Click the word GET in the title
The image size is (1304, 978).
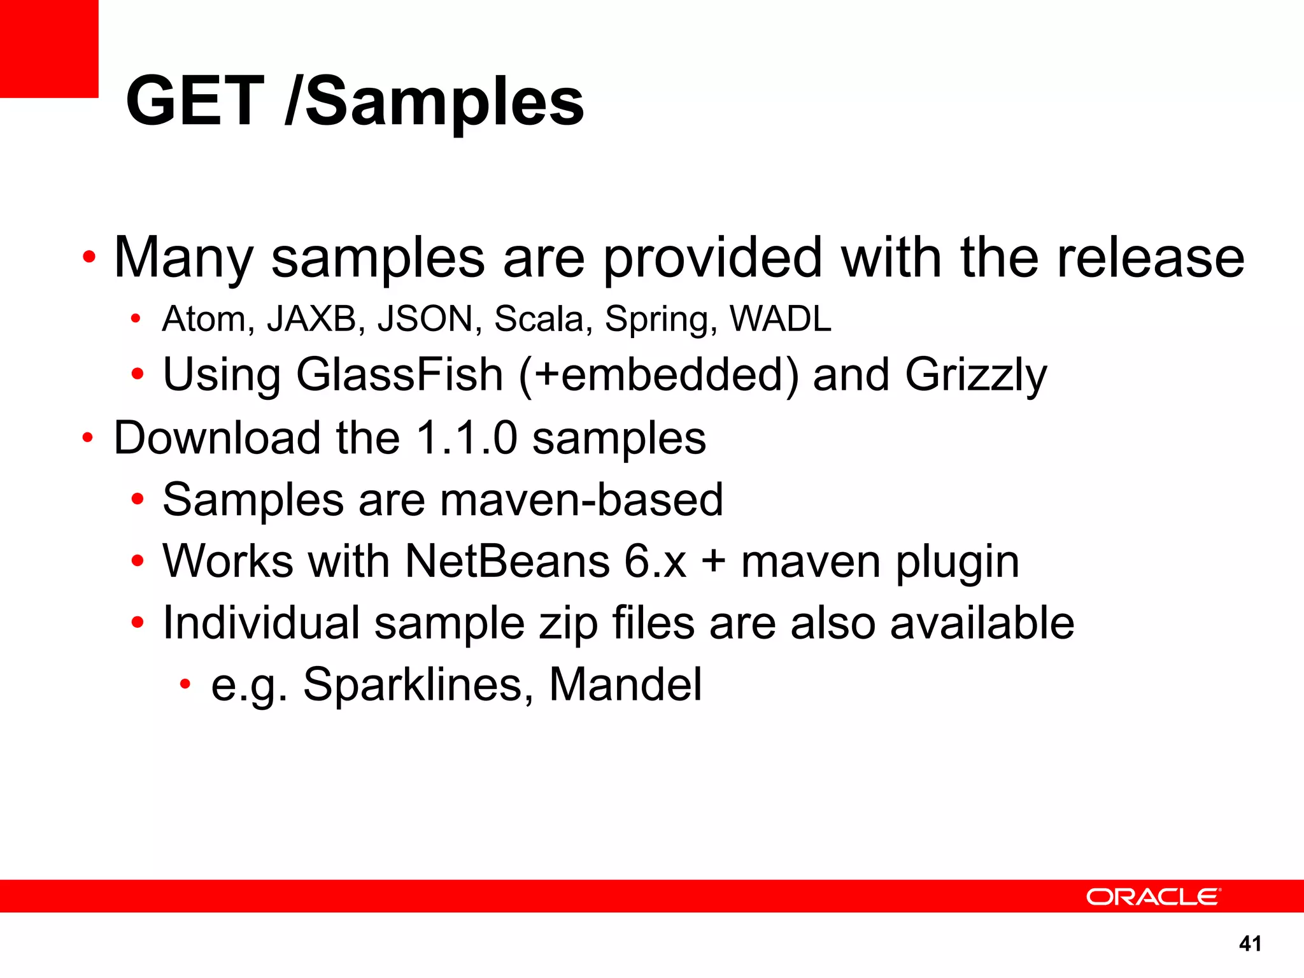pos(195,101)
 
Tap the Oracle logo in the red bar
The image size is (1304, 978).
pos(1152,896)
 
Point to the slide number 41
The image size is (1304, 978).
pos(1250,944)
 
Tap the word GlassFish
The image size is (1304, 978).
pos(400,374)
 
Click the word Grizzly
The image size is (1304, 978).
pos(975,376)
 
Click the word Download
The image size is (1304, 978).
pos(217,438)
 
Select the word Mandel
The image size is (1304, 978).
pos(625,684)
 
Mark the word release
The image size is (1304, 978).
pos(1150,257)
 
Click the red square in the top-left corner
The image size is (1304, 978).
pos(49,48)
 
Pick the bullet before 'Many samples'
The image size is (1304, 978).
pos(89,258)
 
